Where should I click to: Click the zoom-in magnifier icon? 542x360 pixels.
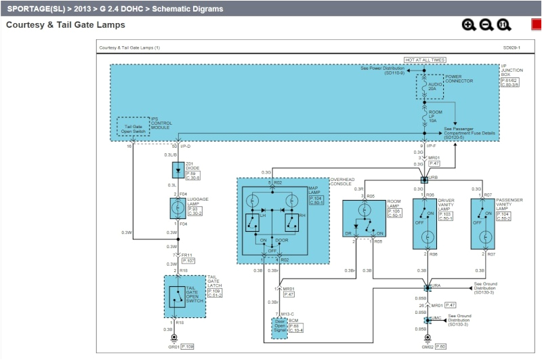[468, 25]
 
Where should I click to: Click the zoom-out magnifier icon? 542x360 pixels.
[486, 25]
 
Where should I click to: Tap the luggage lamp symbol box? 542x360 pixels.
[177, 208]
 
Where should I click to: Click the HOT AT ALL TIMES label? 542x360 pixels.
[424, 60]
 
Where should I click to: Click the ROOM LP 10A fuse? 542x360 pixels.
[424, 117]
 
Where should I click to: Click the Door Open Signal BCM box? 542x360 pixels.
[280, 327]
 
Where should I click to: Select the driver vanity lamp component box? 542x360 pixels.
[424, 224]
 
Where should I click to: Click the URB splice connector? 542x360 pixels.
[424, 180]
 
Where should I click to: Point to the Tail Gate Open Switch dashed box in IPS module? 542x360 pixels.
[133, 126]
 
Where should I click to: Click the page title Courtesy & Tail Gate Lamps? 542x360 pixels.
[66, 25]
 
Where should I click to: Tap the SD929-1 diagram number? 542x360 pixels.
[512, 48]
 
